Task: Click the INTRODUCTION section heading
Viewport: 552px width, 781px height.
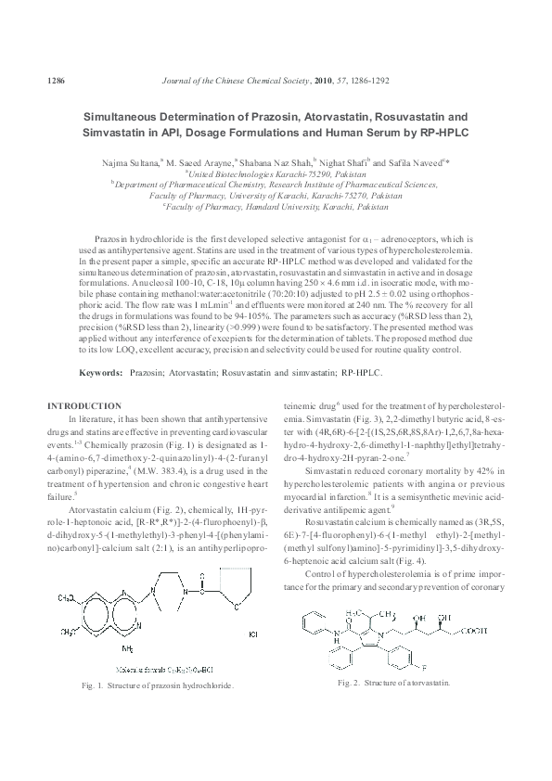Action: click(x=83, y=405)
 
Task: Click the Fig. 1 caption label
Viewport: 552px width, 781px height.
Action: click(x=88, y=685)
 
